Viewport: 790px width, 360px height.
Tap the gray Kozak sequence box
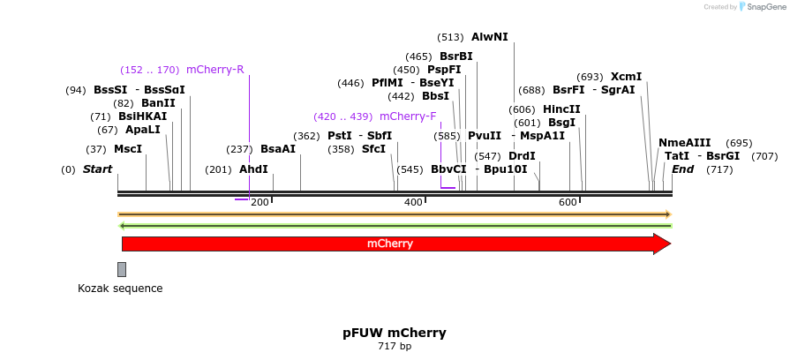click(x=122, y=269)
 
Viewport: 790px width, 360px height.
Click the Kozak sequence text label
click(x=120, y=289)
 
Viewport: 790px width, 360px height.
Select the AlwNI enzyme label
click(x=489, y=37)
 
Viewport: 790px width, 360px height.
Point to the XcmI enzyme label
click(x=626, y=77)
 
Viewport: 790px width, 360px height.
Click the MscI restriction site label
click(x=128, y=149)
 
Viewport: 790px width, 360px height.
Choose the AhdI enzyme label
click(x=253, y=169)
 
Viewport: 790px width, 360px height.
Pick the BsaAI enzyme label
click(x=278, y=149)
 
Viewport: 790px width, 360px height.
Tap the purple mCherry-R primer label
click(x=214, y=70)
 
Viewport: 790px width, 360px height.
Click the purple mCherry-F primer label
click(x=408, y=116)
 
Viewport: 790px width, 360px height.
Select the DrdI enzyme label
click(x=522, y=156)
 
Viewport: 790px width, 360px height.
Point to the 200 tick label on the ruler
click(x=260, y=203)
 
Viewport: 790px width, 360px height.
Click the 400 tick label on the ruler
click(x=413, y=203)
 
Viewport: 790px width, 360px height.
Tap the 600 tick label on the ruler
click(x=567, y=203)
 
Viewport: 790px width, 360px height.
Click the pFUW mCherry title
click(x=395, y=333)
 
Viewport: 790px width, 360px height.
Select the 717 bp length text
click(x=395, y=346)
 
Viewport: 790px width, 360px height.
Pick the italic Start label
click(x=97, y=169)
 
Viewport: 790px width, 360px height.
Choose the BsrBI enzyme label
click(x=455, y=56)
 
